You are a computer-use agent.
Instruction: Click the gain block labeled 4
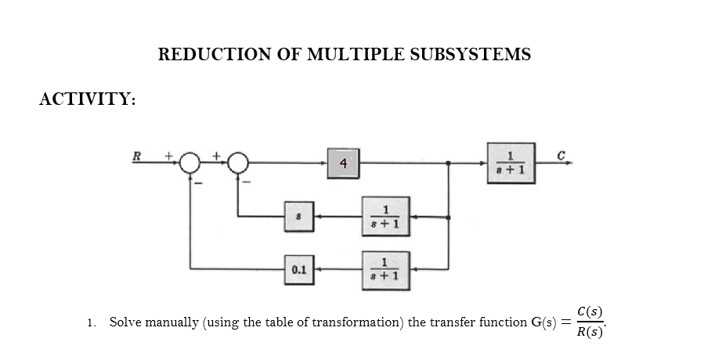(x=343, y=163)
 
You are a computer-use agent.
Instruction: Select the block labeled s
(x=299, y=216)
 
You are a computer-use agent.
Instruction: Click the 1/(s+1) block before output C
(x=511, y=163)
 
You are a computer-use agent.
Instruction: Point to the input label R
(x=136, y=154)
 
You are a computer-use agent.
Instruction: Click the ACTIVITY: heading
(x=88, y=99)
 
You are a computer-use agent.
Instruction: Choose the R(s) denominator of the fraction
(x=589, y=333)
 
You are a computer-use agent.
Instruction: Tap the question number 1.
(x=91, y=323)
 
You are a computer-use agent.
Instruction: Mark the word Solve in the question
(x=124, y=322)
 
